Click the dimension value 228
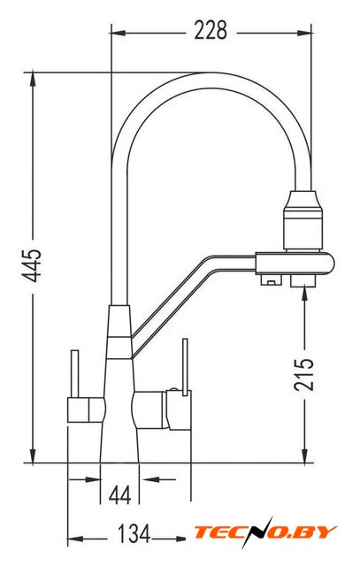pyautogui.click(x=211, y=30)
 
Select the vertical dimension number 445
pyautogui.click(x=32, y=265)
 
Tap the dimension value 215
pyautogui.click(x=303, y=374)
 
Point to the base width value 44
pyautogui.click(x=120, y=495)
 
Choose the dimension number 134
pyautogui.click(x=134, y=533)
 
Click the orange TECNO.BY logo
pyautogui.click(x=265, y=532)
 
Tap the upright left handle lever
pyautogui.click(x=75, y=373)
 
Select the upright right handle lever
pyautogui.click(x=185, y=367)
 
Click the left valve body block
pyautogui.click(x=86, y=409)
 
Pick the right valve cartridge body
pyautogui.click(x=162, y=409)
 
